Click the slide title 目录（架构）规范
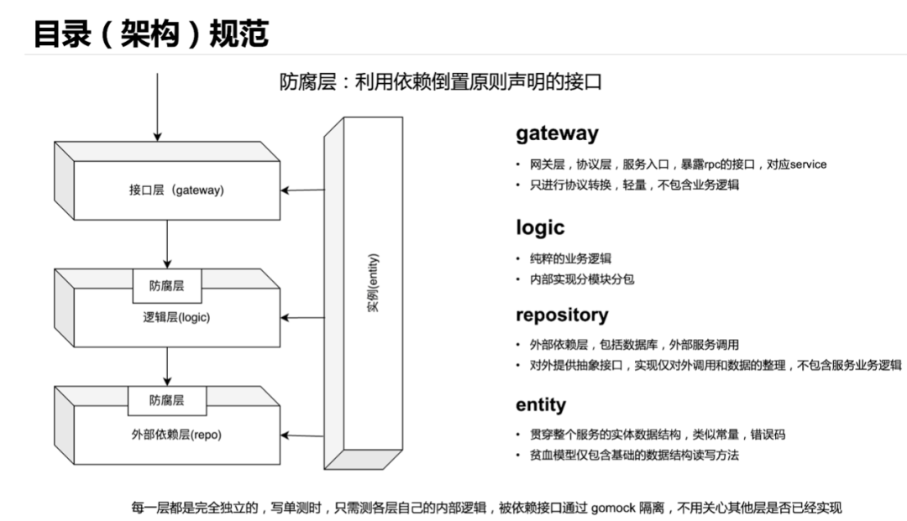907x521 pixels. click(151, 34)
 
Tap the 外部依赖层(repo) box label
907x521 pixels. click(171, 434)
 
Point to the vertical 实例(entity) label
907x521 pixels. click(373, 283)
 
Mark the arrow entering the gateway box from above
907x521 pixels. click(157, 105)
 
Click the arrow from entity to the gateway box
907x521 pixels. click(302, 190)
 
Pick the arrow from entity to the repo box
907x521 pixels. click(302, 435)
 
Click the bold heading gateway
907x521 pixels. click(557, 133)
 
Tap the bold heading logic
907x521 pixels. click(540, 227)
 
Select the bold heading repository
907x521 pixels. click(562, 315)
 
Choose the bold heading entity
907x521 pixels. click(541, 405)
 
